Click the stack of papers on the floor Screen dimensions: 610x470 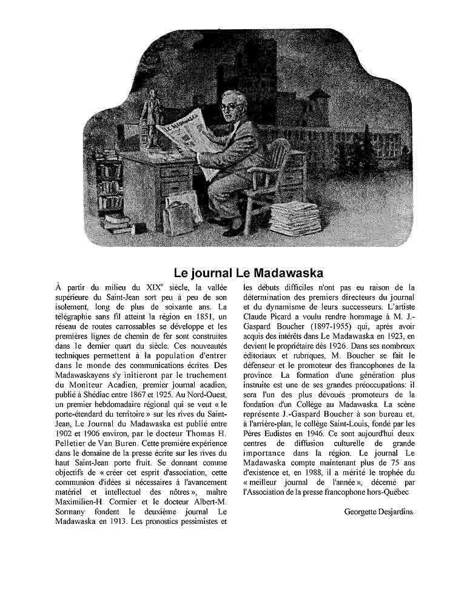[x=295, y=218]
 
